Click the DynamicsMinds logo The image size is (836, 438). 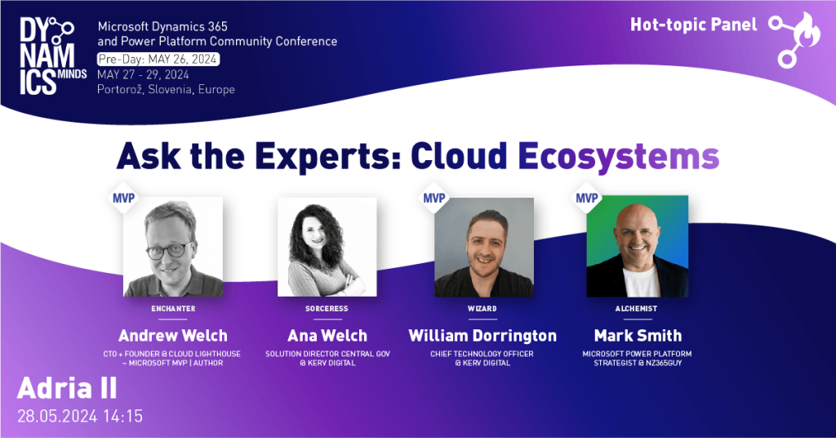pos(52,56)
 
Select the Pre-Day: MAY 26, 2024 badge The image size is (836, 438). pos(158,59)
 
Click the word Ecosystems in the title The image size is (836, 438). pos(619,156)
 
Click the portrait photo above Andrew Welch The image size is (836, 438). pos(173,247)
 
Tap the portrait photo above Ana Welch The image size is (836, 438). pos(327,247)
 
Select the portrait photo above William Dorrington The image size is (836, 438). pos(483,247)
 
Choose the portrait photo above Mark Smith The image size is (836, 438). pos(637,246)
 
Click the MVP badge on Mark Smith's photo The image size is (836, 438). pos(586,198)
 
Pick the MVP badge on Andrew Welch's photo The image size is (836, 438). pos(124,199)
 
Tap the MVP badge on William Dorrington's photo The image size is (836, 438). pos(434,199)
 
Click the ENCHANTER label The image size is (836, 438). pos(173,309)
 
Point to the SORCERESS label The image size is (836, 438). pos(327,309)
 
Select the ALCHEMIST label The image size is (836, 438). pos(637,309)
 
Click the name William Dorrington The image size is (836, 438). pos(482,336)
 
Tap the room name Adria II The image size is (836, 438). pos(67,388)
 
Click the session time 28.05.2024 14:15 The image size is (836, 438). pos(80,416)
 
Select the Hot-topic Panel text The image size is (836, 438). pos(694,25)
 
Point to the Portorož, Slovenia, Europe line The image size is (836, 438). pos(166,90)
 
